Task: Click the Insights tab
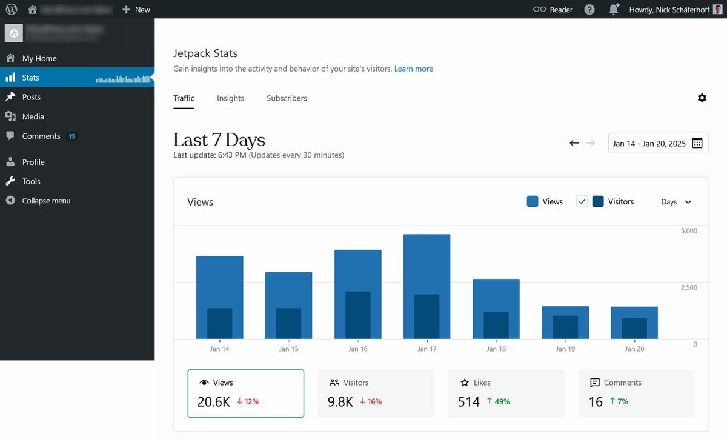click(230, 98)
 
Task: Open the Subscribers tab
click(287, 98)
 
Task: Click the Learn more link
click(414, 69)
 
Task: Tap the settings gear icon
click(702, 98)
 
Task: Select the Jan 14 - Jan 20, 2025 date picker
click(658, 144)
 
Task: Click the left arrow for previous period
click(574, 143)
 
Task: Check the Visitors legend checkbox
click(582, 202)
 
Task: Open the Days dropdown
click(676, 202)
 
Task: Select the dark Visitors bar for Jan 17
click(427, 316)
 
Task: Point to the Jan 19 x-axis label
click(565, 349)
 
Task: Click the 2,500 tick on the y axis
click(689, 287)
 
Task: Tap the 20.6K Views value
click(213, 401)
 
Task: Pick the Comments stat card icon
click(594, 383)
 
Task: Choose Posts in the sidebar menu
click(32, 97)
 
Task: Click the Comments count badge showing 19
click(71, 136)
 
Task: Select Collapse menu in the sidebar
click(46, 201)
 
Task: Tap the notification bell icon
click(614, 10)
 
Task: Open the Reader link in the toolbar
click(553, 10)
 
